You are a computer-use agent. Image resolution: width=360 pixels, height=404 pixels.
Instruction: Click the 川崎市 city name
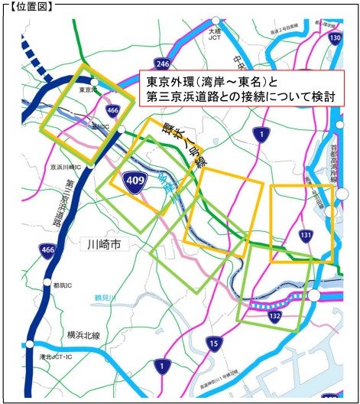point(105,245)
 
